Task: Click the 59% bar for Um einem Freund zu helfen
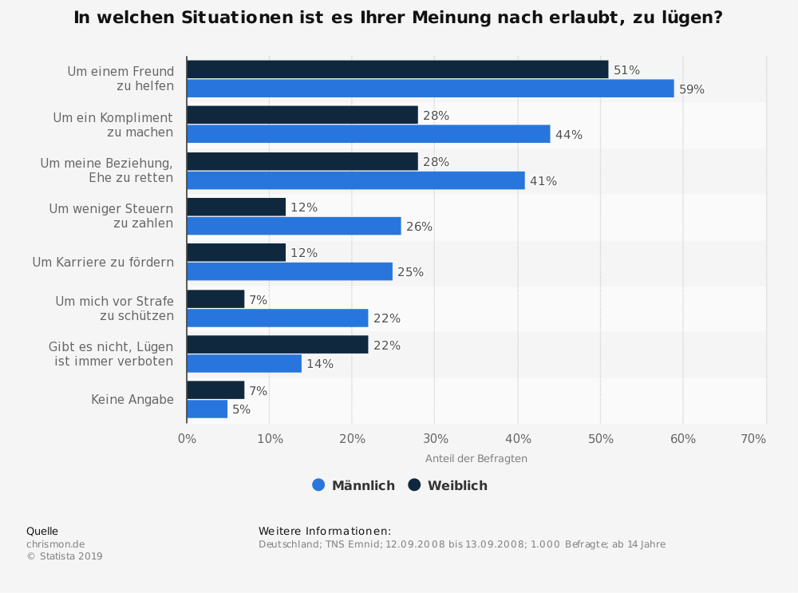[x=430, y=89]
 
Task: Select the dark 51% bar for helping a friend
[x=397, y=69]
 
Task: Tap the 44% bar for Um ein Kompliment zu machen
[x=368, y=134]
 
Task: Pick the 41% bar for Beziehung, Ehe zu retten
[x=356, y=180]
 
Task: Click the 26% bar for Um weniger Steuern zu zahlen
[x=294, y=226]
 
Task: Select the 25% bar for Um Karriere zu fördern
[x=290, y=271]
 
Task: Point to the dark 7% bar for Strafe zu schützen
[x=215, y=299]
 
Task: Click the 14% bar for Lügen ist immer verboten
[x=244, y=363]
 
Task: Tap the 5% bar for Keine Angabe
[x=207, y=409]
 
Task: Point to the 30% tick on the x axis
[x=435, y=439]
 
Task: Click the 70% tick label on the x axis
[x=753, y=439]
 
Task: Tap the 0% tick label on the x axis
[x=187, y=439]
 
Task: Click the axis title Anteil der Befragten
[x=476, y=459]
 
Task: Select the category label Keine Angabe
[x=132, y=400]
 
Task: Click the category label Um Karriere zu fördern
[x=103, y=262]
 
